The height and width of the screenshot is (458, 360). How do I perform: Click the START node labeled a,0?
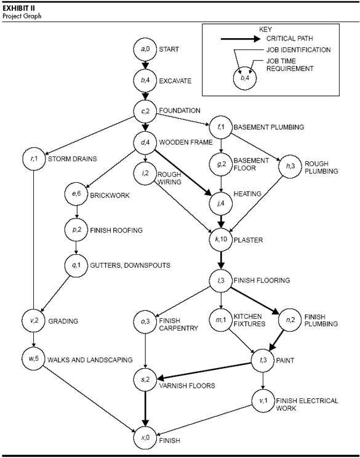point(145,49)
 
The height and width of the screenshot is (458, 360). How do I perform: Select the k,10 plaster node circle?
point(221,239)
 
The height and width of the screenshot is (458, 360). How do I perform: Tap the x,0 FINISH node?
point(145,437)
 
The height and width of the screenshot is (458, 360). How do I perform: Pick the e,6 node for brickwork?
point(76,194)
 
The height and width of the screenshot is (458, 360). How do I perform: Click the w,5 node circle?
point(34,358)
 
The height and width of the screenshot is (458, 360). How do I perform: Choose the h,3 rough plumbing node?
point(290,166)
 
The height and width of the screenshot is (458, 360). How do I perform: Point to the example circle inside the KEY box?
point(245,79)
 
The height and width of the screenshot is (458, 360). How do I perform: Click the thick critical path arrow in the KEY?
point(240,39)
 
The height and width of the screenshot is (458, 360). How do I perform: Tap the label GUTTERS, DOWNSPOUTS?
point(130,265)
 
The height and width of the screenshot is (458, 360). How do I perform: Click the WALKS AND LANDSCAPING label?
point(90,360)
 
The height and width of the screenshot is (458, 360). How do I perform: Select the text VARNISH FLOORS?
point(187,385)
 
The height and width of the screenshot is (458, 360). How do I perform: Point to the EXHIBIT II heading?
point(18,8)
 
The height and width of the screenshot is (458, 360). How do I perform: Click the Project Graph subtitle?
point(22,16)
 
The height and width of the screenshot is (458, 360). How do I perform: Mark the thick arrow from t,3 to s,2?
point(204,371)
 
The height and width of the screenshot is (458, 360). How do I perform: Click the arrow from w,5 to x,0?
point(90,399)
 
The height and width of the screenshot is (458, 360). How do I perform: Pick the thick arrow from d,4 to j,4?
point(183,172)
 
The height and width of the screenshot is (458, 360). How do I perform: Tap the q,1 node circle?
point(76,265)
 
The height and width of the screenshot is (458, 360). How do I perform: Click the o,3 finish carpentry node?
point(145,321)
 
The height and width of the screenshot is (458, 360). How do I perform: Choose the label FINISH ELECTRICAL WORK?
point(307,404)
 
